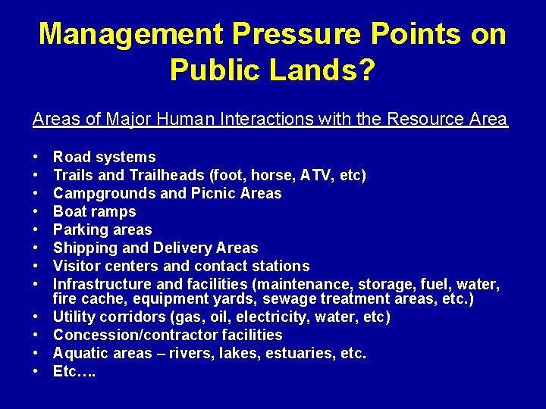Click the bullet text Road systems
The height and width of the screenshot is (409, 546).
[104, 158]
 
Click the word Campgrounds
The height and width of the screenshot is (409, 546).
[104, 194]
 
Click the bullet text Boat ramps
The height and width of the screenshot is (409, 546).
[94, 212]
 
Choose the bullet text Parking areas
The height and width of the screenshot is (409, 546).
[102, 229]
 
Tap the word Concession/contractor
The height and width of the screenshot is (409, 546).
[135, 335]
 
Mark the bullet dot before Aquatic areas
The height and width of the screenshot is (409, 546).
[36, 353]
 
